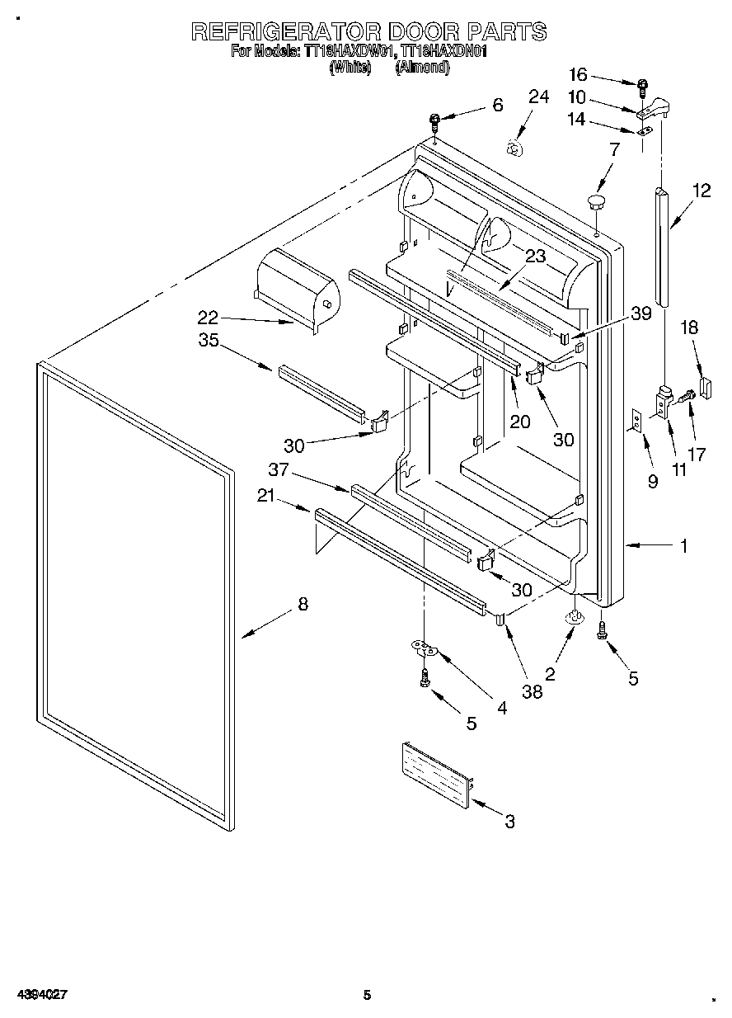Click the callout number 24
point(537,97)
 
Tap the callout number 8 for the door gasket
point(303,605)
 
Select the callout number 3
point(509,821)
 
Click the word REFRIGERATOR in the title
point(284,31)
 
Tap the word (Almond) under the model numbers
point(422,68)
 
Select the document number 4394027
point(40,995)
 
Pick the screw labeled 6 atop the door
point(434,123)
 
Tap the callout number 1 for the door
point(683,545)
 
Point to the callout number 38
point(533,691)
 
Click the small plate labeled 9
point(636,420)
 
